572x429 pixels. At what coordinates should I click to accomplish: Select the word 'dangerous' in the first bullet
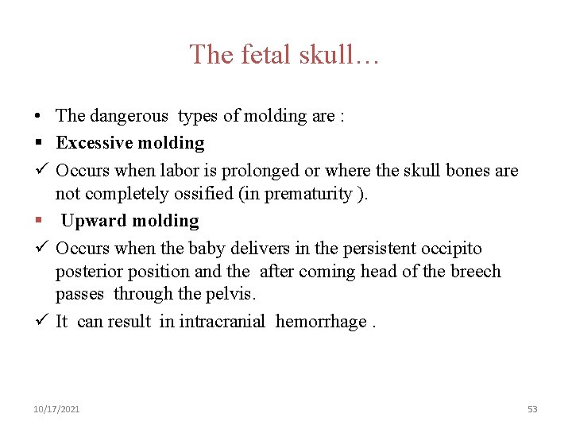point(129,116)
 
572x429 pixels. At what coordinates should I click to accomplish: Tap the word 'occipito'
point(450,249)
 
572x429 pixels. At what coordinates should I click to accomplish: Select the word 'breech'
point(476,272)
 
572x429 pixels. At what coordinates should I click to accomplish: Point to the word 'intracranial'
point(222,322)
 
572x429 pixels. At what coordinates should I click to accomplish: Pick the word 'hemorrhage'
point(321,322)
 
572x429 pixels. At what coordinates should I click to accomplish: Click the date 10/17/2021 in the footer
point(56,409)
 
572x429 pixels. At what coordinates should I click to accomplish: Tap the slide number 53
point(532,409)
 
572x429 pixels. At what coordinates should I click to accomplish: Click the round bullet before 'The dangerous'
point(38,116)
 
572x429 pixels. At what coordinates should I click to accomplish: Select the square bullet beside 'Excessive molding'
point(38,143)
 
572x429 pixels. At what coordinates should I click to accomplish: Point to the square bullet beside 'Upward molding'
point(38,221)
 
